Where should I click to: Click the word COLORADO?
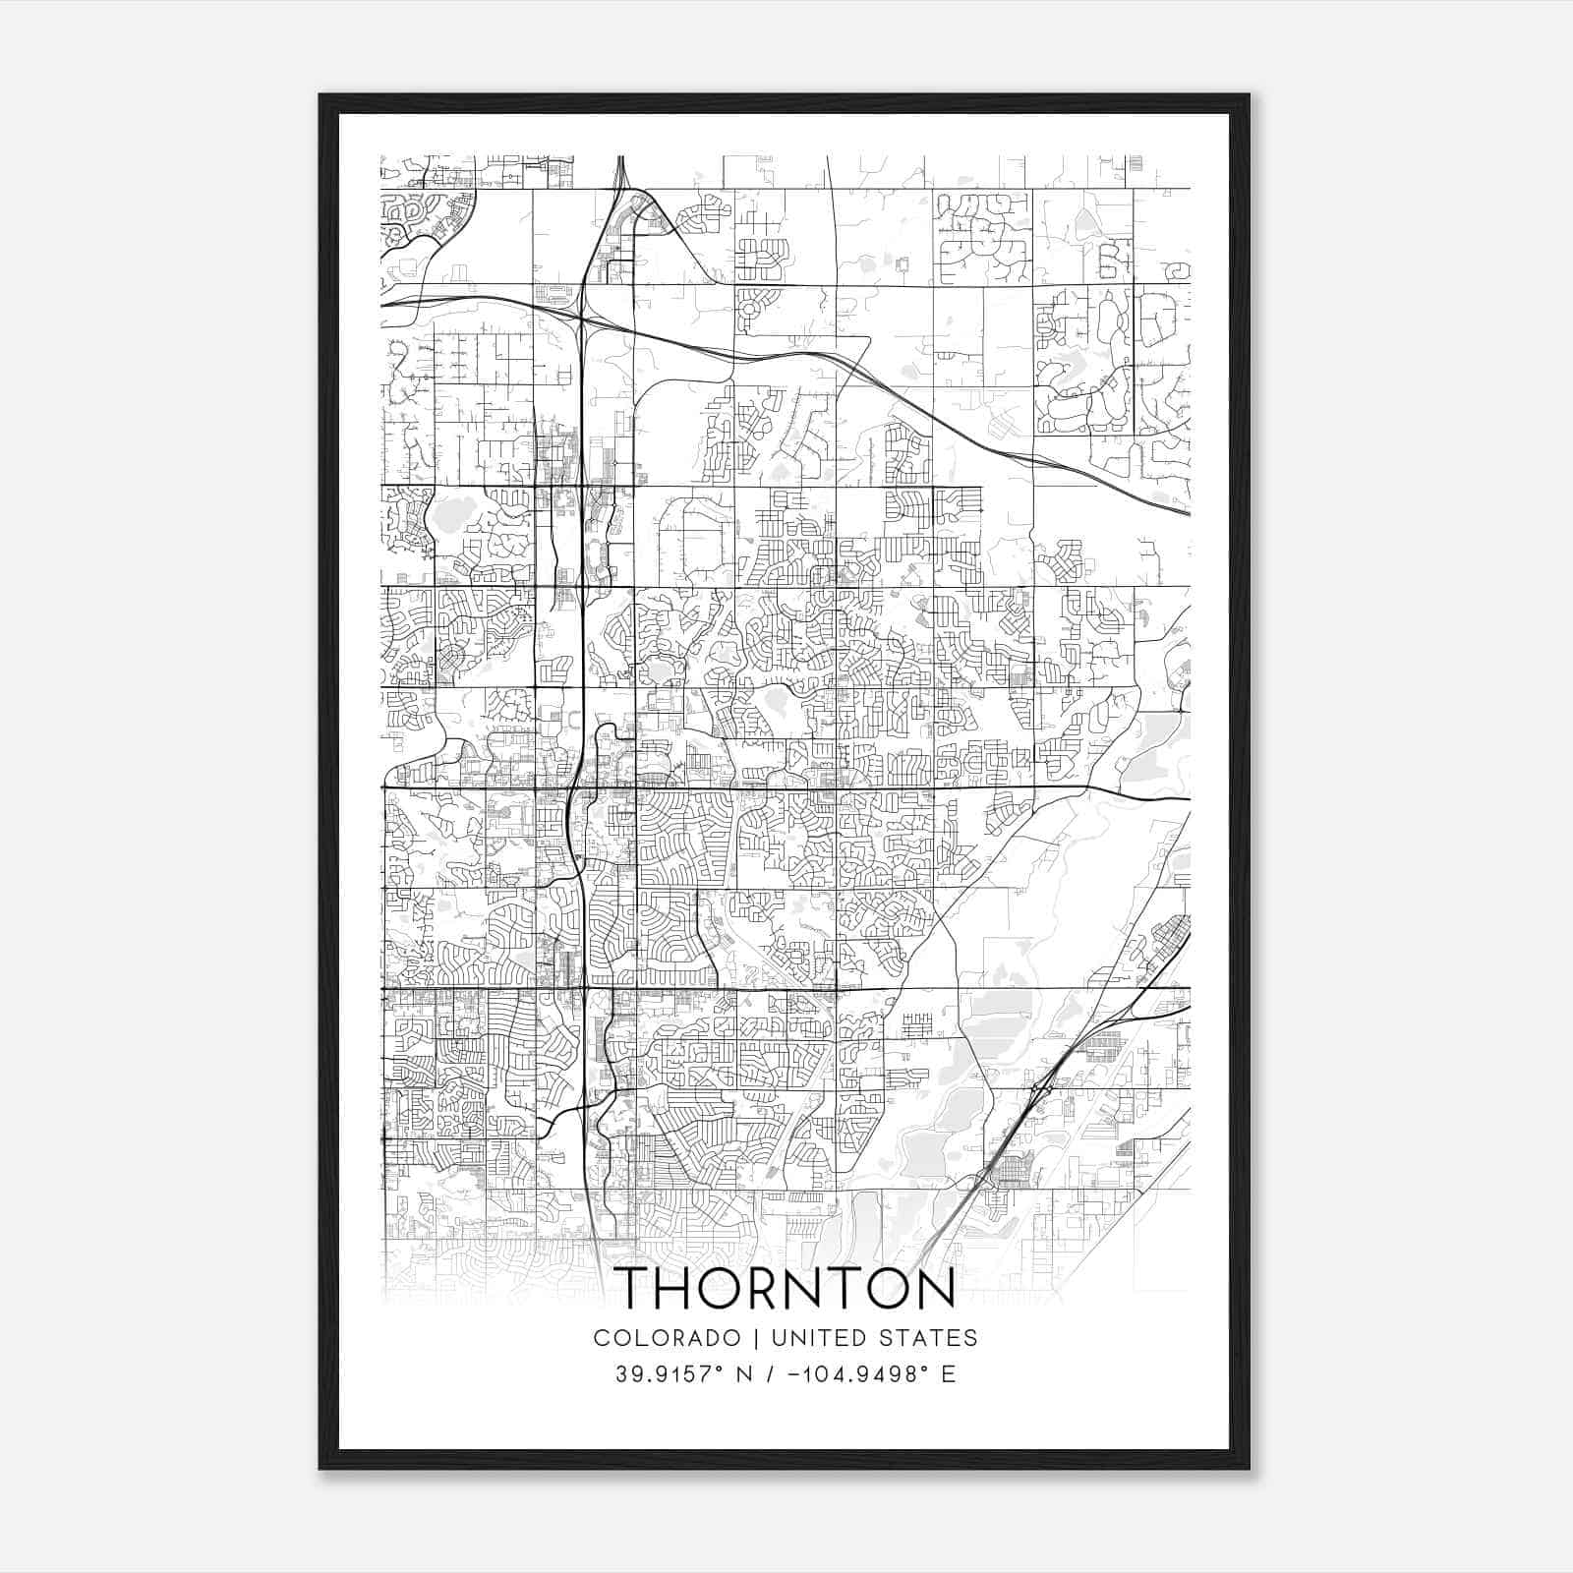coord(667,1338)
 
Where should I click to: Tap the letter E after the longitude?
coord(949,1373)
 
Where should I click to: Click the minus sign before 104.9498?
coord(792,1374)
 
